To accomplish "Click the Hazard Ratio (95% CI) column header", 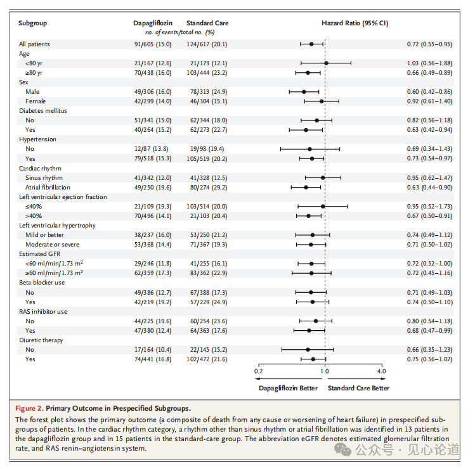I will coord(355,23).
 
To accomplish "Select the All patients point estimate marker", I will coord(311,44).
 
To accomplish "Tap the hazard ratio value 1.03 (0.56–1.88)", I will coord(429,63).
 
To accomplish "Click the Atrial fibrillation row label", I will coord(49,188).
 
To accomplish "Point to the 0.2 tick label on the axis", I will coord(258,371).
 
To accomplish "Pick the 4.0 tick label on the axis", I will coord(381,371).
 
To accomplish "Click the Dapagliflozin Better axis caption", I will coord(288,388).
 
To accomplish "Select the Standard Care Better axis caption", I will coord(358,388).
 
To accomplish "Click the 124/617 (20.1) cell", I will coord(207,44).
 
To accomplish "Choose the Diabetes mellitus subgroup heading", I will coord(43,111).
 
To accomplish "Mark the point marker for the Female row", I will coord(322,101).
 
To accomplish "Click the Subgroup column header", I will coord(33,23).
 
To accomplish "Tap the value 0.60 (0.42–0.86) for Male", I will coord(429,92).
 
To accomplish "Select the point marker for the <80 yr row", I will coord(326,63).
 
